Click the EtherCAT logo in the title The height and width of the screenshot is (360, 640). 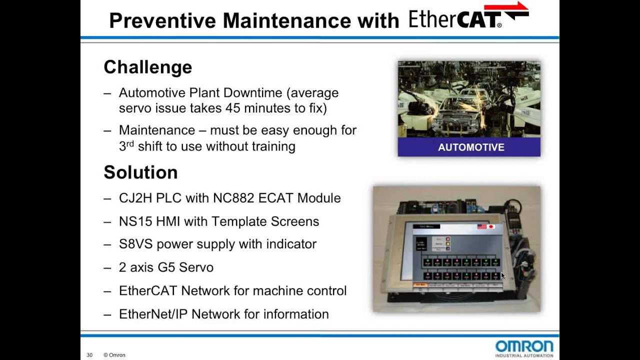click(468, 16)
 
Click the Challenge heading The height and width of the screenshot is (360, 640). click(147, 67)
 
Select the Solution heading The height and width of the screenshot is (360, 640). click(140, 172)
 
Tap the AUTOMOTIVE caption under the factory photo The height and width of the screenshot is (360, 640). click(471, 147)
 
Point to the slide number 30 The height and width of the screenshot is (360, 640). click(89, 355)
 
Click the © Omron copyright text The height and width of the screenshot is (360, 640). click(114, 355)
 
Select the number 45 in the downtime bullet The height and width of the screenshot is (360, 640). click(232, 108)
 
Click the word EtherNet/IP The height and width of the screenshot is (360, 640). click(153, 314)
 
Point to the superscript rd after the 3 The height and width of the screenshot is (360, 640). click(130, 143)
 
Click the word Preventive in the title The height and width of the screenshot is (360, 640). click(162, 21)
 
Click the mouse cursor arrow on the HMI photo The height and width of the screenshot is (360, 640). click(502, 275)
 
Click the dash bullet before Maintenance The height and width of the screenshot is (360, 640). click(107, 130)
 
